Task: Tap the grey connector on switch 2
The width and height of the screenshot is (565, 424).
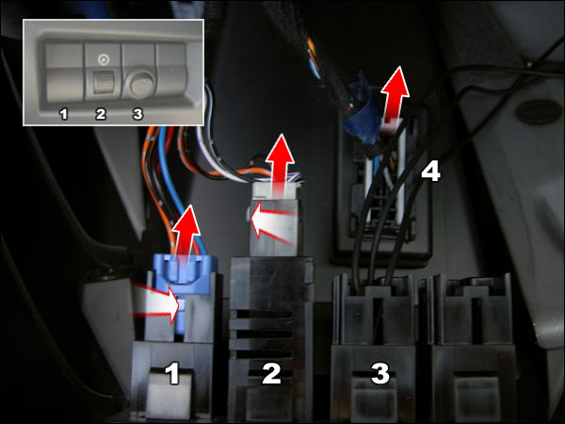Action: tap(275, 220)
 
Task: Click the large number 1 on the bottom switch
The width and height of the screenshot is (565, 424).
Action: tap(172, 374)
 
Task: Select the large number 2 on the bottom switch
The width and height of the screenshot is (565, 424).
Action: tap(271, 374)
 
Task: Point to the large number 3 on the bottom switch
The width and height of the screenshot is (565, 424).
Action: tap(379, 374)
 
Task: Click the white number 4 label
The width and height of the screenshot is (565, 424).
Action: tap(431, 171)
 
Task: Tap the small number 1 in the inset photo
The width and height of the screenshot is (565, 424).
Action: tap(64, 114)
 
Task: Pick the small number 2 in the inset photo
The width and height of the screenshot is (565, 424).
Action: tap(101, 114)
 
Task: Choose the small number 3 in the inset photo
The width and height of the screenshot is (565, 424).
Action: tap(137, 114)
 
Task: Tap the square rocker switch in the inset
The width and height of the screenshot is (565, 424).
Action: tap(104, 82)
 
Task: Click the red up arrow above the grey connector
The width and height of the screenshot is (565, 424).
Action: tap(280, 165)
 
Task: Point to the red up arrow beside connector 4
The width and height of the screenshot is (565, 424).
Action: tap(395, 95)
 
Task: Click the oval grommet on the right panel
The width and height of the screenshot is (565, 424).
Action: tap(539, 112)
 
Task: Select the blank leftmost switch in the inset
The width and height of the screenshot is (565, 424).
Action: tap(64, 72)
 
